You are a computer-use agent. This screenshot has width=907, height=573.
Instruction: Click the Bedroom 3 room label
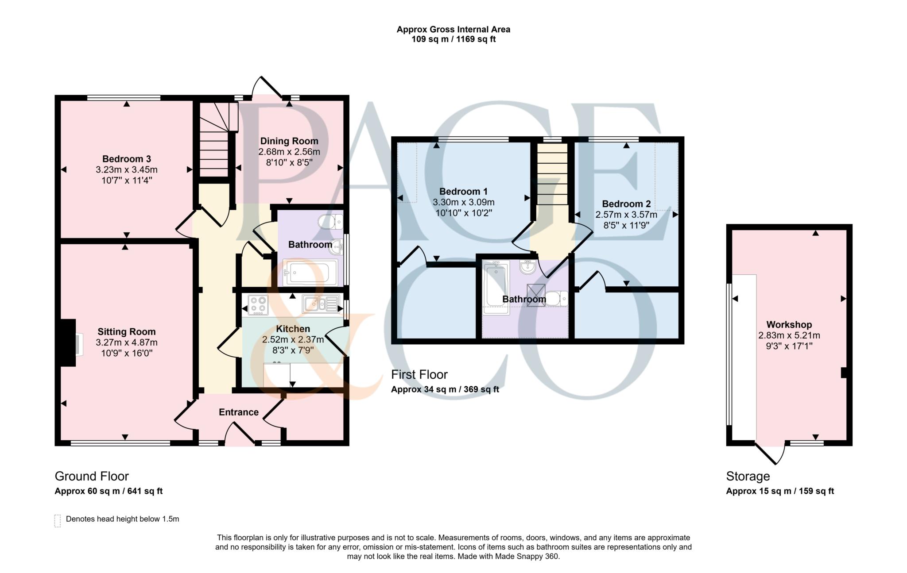tap(127, 159)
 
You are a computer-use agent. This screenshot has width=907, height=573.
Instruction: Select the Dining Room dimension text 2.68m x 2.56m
tap(289, 152)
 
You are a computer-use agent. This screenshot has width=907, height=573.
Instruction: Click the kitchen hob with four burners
tap(259, 305)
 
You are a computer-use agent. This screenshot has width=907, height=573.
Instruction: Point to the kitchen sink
tap(321, 304)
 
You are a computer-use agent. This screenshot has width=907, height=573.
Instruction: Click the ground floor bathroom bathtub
tap(312, 272)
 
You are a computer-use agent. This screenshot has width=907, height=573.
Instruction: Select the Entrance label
tap(239, 412)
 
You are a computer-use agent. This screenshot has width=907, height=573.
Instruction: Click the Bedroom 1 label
tap(463, 192)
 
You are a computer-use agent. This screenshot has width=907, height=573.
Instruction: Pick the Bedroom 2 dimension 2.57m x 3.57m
tap(626, 215)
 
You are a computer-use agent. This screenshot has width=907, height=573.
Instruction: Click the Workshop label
tap(789, 324)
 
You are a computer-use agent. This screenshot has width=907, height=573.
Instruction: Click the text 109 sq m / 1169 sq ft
tap(453, 39)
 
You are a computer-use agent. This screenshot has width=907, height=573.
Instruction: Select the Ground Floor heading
tap(92, 476)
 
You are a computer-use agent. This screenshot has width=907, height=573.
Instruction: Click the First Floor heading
tap(419, 374)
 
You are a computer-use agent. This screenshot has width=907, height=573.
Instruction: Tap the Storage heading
tap(748, 477)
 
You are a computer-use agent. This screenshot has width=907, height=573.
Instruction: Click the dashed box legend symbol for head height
tap(57, 521)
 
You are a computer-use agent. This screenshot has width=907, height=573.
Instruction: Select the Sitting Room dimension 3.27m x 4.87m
tap(127, 342)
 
